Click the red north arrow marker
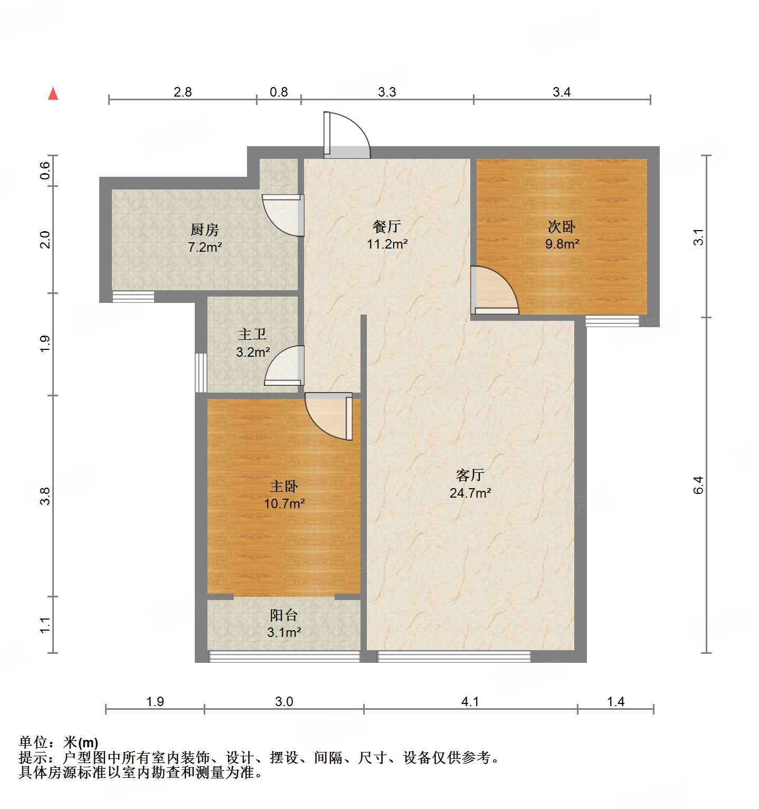pyautogui.click(x=53, y=93)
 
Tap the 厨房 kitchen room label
pyautogui.click(x=205, y=230)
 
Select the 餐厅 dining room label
pyautogui.click(x=386, y=226)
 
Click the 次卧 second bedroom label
pyautogui.click(x=562, y=226)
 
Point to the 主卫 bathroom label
pyautogui.click(x=252, y=334)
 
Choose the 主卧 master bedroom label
pyautogui.click(x=284, y=486)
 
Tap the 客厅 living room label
pyautogui.click(x=470, y=475)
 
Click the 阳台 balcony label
pyautogui.click(x=284, y=615)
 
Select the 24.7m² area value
pyautogui.click(x=470, y=493)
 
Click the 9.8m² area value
pyautogui.click(x=562, y=244)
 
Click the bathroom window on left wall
pyautogui.click(x=201, y=373)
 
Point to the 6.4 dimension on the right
pyautogui.click(x=698, y=484)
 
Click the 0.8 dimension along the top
pyautogui.click(x=279, y=92)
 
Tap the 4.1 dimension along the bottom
pyautogui.click(x=470, y=701)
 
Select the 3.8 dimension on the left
pyautogui.click(x=45, y=496)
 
